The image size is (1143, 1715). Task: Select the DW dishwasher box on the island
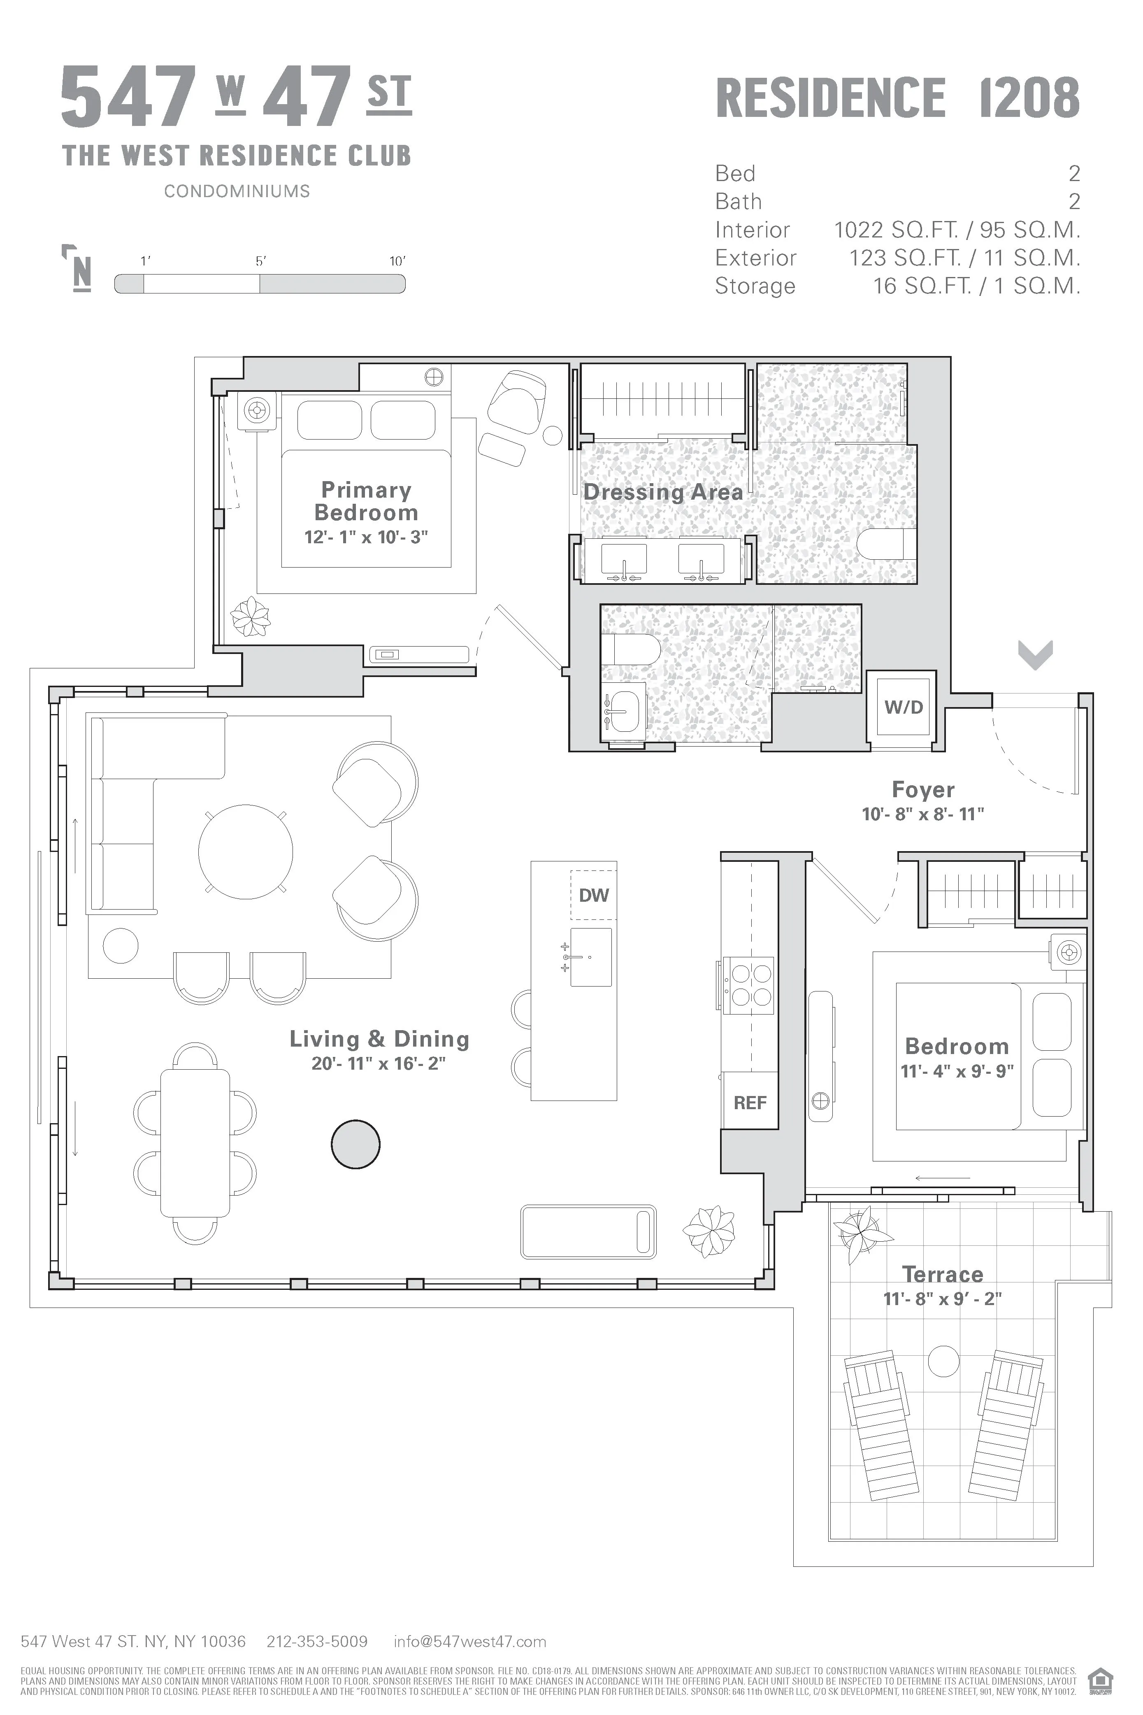(x=593, y=895)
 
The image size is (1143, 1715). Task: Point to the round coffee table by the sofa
(x=246, y=852)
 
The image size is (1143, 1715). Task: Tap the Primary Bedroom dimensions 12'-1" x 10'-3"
(x=366, y=538)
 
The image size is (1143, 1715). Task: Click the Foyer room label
(x=923, y=790)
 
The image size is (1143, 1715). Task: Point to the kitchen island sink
(x=590, y=956)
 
